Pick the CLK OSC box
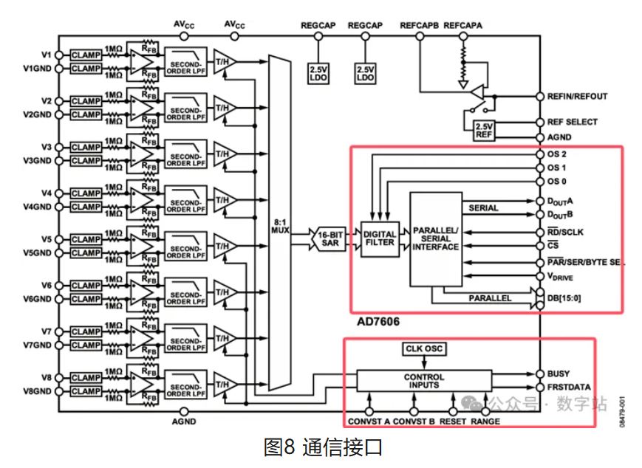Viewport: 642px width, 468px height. [425, 348]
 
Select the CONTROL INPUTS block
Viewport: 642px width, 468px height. [424, 381]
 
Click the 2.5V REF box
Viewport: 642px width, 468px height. [484, 129]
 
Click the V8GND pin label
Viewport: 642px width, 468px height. [38, 391]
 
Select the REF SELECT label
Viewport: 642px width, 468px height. [573, 122]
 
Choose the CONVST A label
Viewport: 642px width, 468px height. [369, 421]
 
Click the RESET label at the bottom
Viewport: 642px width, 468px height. [453, 421]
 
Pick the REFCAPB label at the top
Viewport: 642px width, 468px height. [420, 25]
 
